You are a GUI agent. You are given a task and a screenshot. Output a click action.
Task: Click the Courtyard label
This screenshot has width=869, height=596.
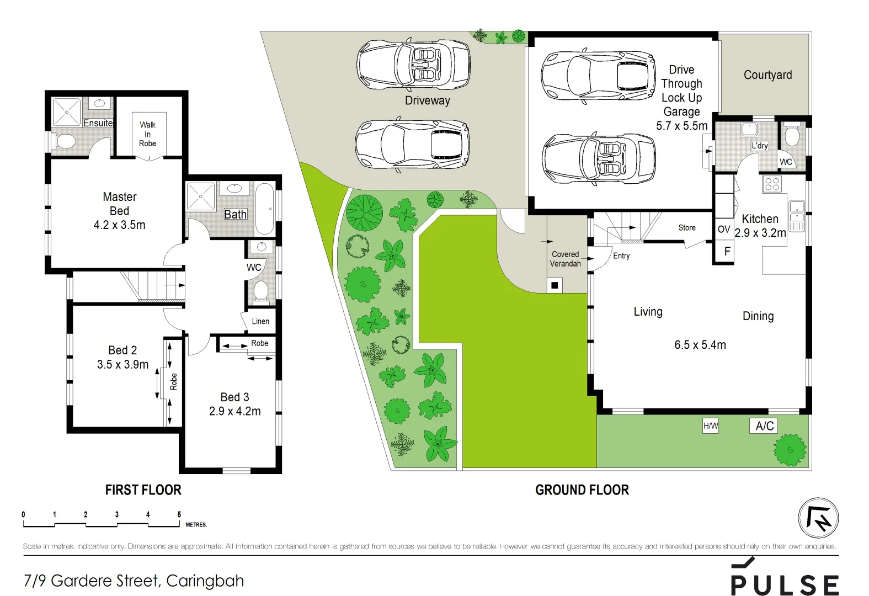(x=767, y=75)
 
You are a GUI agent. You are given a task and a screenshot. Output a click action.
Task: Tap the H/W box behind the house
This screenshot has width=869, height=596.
(x=711, y=425)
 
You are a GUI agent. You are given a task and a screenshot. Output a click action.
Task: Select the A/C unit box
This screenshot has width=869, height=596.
(x=764, y=425)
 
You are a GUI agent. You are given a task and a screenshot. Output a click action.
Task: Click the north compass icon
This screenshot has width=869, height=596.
(x=818, y=518)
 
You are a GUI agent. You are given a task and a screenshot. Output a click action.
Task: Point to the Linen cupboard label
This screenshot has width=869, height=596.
(x=260, y=321)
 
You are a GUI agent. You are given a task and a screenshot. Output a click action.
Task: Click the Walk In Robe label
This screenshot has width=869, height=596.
(x=147, y=134)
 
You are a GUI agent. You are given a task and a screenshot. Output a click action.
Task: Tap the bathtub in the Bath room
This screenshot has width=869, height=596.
(x=265, y=209)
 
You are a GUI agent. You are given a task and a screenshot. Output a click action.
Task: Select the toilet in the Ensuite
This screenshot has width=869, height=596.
(x=65, y=141)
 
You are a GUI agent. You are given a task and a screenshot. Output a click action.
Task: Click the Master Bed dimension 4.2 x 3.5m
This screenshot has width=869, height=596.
(x=120, y=225)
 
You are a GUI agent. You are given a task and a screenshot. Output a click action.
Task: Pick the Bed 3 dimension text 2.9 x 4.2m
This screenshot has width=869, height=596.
(x=235, y=411)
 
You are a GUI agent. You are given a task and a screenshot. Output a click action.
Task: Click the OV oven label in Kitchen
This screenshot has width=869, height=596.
(x=724, y=229)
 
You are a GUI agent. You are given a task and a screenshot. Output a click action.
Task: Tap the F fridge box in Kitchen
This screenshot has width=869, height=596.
(x=727, y=251)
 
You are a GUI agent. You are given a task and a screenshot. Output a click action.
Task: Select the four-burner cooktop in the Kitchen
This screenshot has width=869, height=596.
(x=772, y=184)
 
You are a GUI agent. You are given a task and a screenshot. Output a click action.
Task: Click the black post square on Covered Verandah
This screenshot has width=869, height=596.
(x=555, y=285)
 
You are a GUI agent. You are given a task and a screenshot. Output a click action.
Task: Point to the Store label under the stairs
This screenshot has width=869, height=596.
(x=687, y=227)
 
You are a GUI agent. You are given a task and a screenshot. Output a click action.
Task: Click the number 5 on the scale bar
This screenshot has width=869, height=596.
(x=179, y=514)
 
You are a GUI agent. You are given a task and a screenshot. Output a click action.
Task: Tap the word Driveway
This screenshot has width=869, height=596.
(x=428, y=100)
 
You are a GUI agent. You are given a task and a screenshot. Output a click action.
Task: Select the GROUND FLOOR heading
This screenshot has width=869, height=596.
(x=582, y=489)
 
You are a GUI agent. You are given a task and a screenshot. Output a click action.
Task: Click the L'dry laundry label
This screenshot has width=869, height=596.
(x=760, y=146)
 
